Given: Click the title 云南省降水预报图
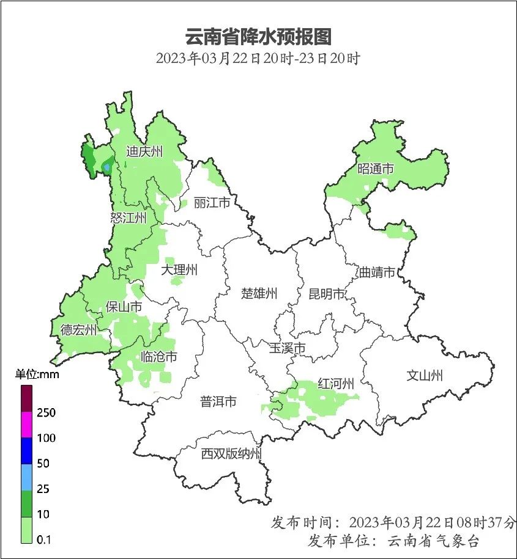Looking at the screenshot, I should coord(258,36).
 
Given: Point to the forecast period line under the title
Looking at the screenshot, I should coord(258,59).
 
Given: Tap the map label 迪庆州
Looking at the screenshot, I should coord(144,152).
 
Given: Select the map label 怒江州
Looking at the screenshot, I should coord(128,218).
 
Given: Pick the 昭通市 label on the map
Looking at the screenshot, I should coord(376,169).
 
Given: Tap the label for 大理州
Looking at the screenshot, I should coord(179,269).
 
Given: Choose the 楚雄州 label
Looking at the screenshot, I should coord(259,293).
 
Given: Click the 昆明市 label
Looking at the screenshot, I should coord(327,294).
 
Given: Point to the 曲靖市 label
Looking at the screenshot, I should coord(377,272).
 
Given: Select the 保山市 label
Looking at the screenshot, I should coord(124,307).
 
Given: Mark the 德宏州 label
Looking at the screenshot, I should coord(78,331).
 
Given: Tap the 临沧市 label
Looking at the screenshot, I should coord(159,356).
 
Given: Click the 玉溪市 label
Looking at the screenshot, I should coord(287,348).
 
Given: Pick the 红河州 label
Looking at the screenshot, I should coord(336,384).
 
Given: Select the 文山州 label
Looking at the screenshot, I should coord(424,376).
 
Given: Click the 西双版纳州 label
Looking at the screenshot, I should coord(232,454).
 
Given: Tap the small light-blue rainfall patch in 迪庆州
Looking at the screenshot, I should coord(108,166).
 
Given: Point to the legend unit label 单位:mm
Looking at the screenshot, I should coord(37,374).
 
